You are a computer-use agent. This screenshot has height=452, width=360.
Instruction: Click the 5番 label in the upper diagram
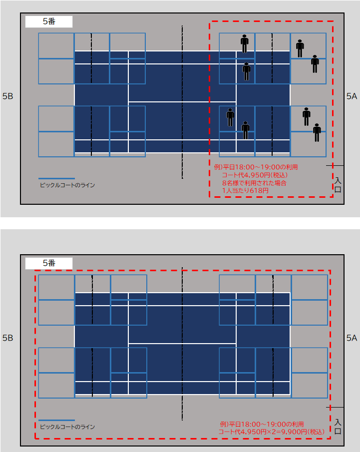(x=49, y=21)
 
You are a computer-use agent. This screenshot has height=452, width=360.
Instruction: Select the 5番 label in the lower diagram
(x=49, y=263)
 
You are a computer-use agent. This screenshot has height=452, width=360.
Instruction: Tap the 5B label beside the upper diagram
(x=8, y=96)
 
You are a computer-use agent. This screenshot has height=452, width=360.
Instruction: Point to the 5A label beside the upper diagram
(x=352, y=96)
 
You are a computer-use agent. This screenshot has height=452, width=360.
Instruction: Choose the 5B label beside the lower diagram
(x=8, y=338)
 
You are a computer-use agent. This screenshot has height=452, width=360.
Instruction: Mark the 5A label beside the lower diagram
(x=352, y=338)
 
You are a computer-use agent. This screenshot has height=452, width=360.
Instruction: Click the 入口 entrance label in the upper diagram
(x=338, y=185)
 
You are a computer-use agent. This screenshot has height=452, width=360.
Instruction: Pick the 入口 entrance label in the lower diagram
(x=338, y=427)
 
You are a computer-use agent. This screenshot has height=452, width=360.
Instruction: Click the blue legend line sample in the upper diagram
(x=56, y=178)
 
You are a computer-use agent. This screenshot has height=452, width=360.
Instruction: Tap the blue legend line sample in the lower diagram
(x=56, y=421)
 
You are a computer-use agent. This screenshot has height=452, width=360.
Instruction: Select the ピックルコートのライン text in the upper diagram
(x=67, y=185)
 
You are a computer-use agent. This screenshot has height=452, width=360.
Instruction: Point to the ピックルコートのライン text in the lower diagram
(x=67, y=427)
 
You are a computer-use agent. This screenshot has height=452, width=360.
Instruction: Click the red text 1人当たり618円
(x=245, y=191)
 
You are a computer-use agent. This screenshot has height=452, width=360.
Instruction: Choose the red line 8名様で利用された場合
(x=254, y=183)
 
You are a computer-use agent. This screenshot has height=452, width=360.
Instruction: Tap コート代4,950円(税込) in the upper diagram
(x=255, y=175)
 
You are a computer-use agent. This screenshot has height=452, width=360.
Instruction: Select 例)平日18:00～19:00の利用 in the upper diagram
(x=256, y=167)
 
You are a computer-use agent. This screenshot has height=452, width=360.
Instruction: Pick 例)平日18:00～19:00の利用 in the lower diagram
(x=262, y=425)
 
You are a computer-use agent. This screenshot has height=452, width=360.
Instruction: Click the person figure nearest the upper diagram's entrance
(x=317, y=132)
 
